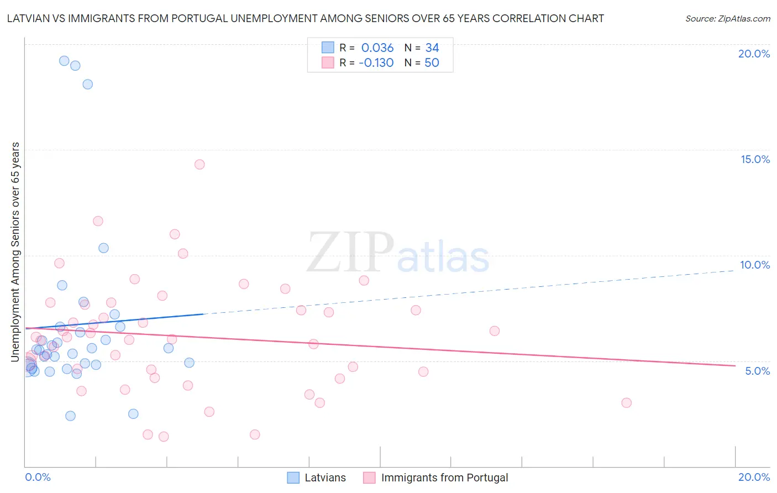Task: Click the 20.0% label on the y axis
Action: [754, 54]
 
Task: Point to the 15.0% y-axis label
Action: [755, 159]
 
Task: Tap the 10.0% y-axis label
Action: [755, 265]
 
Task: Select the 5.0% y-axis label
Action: [757, 371]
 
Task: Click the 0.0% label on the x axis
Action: [38, 477]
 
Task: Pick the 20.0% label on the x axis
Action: [754, 477]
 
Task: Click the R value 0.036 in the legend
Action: [377, 48]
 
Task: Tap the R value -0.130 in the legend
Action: [376, 63]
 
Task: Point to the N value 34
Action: [432, 48]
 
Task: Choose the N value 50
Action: [432, 63]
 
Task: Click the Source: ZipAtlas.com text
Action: [727, 18]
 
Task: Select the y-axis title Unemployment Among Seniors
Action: [15, 252]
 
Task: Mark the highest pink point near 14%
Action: [200, 164]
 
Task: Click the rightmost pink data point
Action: [626, 402]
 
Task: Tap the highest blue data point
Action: [64, 61]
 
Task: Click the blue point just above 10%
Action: [103, 248]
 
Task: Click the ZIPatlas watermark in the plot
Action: [398, 253]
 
